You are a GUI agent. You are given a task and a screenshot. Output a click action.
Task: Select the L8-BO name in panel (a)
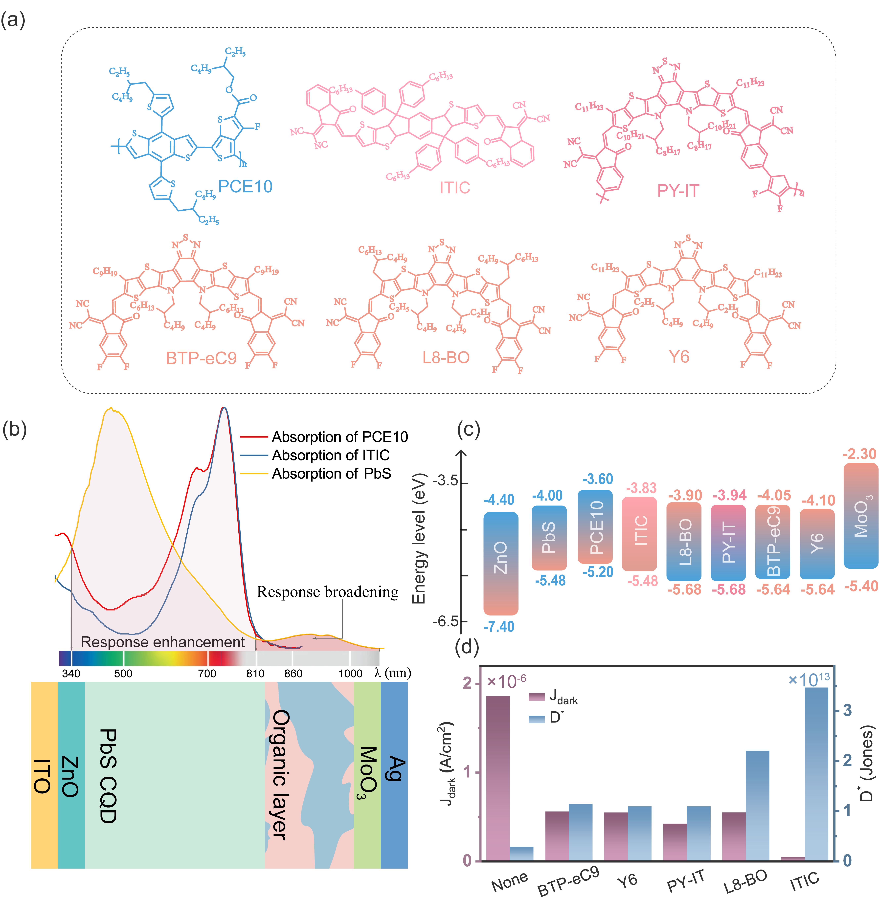pyautogui.click(x=446, y=357)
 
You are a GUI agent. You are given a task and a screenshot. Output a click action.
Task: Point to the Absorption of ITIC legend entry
pyautogui.click(x=331, y=455)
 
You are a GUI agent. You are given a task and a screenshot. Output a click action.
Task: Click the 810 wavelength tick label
pyautogui.click(x=255, y=674)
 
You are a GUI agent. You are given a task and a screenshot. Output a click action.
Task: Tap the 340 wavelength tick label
pyautogui.click(x=71, y=674)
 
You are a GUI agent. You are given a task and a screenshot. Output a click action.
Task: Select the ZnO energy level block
pyautogui.click(x=501, y=563)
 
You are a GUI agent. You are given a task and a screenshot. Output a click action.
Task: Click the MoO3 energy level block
pyautogui.click(x=860, y=516)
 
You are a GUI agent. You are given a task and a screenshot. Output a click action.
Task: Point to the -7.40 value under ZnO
pyautogui.click(x=499, y=626)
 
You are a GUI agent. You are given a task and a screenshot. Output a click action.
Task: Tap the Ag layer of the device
pyautogui.click(x=394, y=776)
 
